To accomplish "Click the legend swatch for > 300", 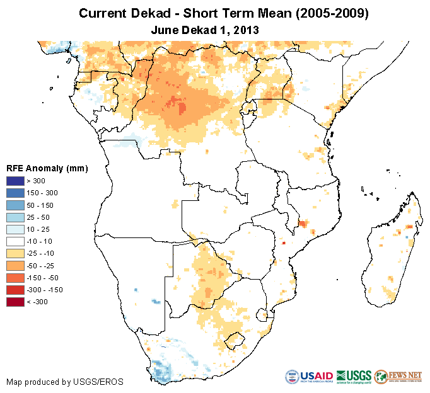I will click(x=16, y=181).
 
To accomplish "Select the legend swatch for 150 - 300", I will click(x=16, y=193).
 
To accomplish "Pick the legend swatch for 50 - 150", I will click(x=16, y=205).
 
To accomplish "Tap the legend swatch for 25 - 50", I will click(x=16, y=217).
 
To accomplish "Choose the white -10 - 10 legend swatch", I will click(x=16, y=241).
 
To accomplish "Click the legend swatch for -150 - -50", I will click(x=16, y=278).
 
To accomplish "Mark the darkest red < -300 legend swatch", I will click(x=16, y=302).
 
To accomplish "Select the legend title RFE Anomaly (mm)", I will click(x=47, y=168).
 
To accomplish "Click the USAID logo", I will click(x=310, y=377).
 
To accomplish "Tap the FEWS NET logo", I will click(x=398, y=377).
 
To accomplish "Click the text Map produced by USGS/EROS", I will click(x=65, y=382).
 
